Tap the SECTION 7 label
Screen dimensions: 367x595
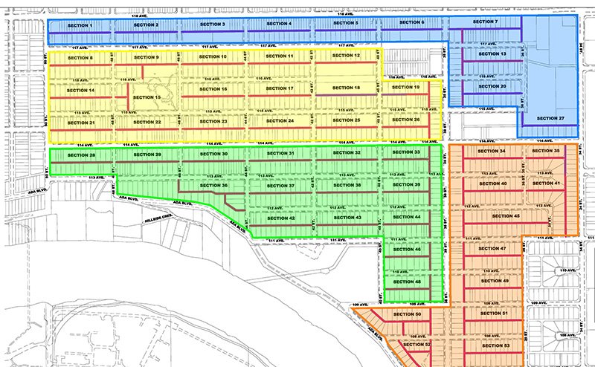coord(486,22)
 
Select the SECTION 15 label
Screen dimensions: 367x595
coord(147,97)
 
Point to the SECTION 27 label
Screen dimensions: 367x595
coord(550,118)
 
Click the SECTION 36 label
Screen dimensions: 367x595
coord(213,185)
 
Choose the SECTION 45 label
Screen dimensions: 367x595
coord(506,216)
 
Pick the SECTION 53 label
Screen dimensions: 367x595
coord(495,347)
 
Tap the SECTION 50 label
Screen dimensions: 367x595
coord(408,314)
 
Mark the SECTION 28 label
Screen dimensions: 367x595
coord(81,155)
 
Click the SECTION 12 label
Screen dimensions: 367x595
coord(347,56)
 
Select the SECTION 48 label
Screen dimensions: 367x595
coord(407,282)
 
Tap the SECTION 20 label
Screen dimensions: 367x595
coord(492,86)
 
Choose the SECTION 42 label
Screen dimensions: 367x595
coord(281,218)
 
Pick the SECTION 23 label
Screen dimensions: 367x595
coord(214,120)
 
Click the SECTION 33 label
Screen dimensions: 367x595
coord(407,152)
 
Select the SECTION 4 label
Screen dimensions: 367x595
coord(279,24)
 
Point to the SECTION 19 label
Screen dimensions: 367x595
coord(407,88)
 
